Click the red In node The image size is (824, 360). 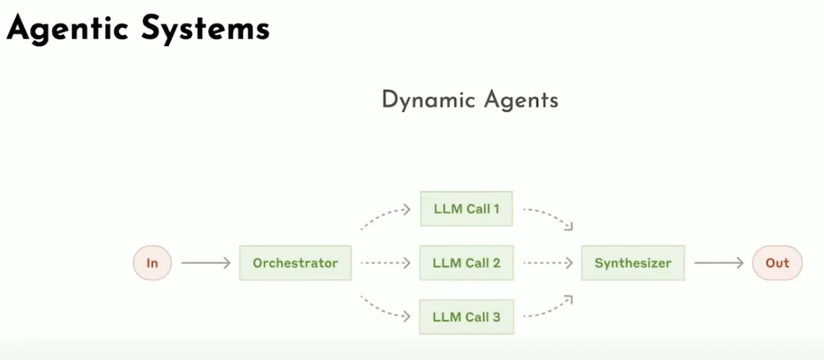coord(152,263)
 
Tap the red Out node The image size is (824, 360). coord(777,263)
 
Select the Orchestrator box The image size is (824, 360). coord(295,263)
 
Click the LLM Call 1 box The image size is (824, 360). coord(466,209)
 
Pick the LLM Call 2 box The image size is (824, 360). coord(466,263)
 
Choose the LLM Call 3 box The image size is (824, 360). coord(466,318)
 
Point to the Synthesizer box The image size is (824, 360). coord(633,263)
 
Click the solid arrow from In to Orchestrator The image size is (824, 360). coord(205,263)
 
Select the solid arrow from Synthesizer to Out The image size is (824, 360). coord(719,263)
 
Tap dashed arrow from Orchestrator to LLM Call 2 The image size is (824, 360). coord(385,263)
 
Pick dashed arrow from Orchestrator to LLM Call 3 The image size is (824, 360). coord(384,310)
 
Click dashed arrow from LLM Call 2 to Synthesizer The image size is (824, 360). coord(547,263)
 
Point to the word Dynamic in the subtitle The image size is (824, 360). coord(429,100)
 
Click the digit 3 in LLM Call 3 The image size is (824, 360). coord(496,318)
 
